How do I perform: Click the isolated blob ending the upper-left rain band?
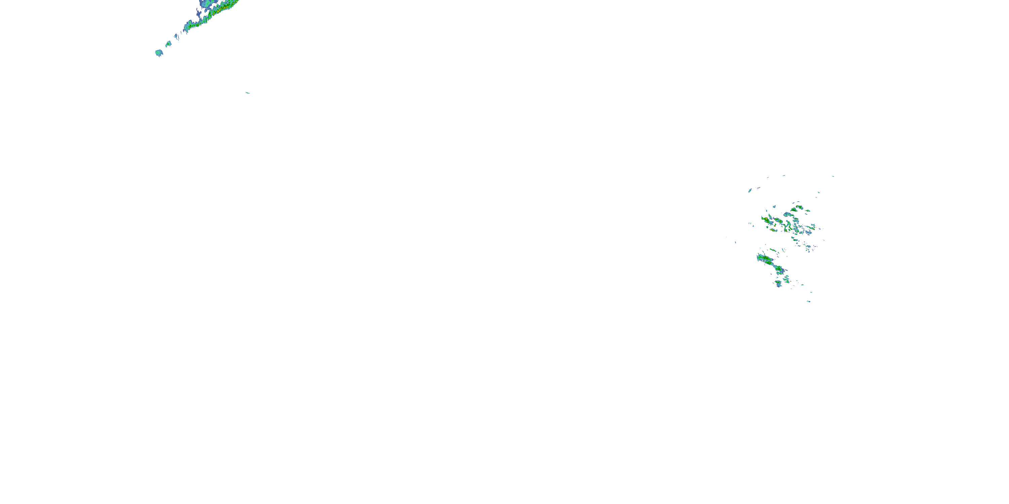click(x=159, y=52)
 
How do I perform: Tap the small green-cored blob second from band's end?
click(x=169, y=44)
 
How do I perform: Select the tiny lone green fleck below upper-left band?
click(x=247, y=93)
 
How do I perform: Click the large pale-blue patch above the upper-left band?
click(x=205, y=3)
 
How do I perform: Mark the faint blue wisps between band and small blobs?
click(x=177, y=37)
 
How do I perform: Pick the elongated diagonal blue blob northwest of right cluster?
click(x=750, y=191)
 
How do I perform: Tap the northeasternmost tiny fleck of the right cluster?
click(x=833, y=176)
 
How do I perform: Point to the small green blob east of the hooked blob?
click(x=808, y=211)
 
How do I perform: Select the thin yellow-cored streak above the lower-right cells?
click(x=773, y=250)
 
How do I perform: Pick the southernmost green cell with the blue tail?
click(x=778, y=283)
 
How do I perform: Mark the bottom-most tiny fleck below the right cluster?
click(x=809, y=301)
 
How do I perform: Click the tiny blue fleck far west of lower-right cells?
click(x=735, y=242)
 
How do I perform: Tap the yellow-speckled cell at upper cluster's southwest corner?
click(x=774, y=230)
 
